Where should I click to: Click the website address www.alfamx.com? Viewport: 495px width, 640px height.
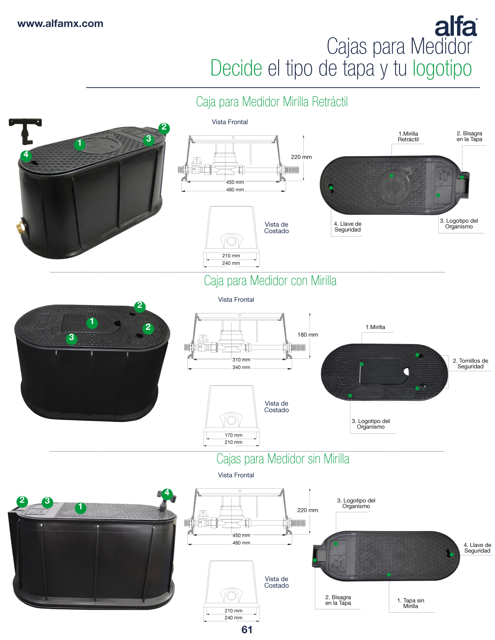point(61,24)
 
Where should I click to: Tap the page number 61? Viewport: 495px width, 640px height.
point(247,630)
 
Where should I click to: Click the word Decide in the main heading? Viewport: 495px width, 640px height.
point(236,68)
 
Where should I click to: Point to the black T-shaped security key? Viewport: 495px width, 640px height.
point(25,131)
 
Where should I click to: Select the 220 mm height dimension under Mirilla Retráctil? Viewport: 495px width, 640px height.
point(301,157)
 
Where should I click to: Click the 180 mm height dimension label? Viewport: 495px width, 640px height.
point(308,335)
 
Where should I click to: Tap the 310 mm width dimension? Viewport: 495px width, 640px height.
point(241,360)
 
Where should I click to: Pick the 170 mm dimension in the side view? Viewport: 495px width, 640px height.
point(234,435)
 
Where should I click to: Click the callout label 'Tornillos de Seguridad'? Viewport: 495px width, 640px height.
point(470,363)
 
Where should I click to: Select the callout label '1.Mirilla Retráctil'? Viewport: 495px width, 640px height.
point(408,137)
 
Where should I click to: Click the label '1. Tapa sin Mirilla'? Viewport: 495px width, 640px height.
point(410,603)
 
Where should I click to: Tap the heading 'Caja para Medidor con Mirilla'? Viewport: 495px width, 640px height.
point(270,280)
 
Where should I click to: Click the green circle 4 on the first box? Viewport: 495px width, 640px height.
point(26,155)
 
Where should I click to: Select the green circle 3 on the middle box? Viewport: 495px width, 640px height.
point(71,337)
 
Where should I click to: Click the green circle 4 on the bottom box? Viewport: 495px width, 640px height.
point(167,493)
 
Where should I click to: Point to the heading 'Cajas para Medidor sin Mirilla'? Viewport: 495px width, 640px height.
point(283,458)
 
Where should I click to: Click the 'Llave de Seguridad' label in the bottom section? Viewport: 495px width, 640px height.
point(477,548)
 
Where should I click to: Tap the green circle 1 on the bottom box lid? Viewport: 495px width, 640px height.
point(80,508)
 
